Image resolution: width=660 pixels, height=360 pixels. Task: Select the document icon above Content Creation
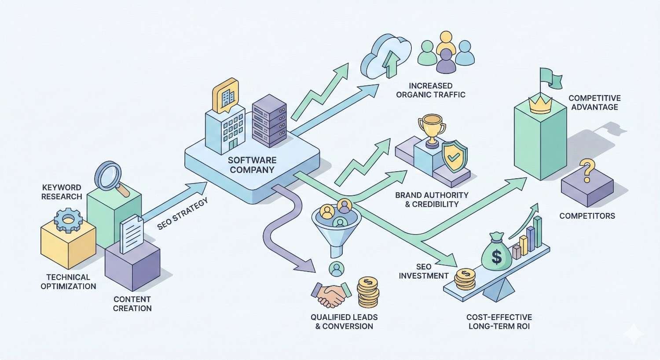coord(132,233)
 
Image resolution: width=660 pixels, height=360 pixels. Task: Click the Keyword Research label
coord(62,192)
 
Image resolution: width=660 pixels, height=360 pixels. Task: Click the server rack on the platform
coord(269,119)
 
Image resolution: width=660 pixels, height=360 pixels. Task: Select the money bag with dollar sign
coord(496,253)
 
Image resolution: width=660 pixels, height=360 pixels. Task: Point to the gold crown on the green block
coord(542,105)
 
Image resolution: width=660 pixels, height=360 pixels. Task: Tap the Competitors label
coord(587,216)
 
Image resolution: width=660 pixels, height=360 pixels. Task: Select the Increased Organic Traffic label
coord(430,90)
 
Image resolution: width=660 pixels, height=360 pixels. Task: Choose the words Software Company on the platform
coord(252,165)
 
